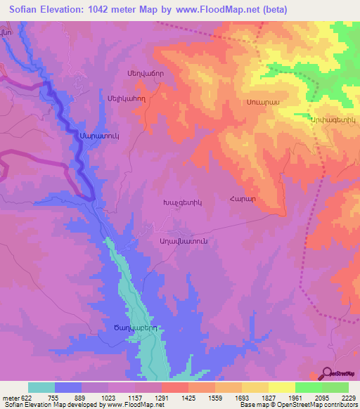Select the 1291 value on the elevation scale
161,397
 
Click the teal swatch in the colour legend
41,387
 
